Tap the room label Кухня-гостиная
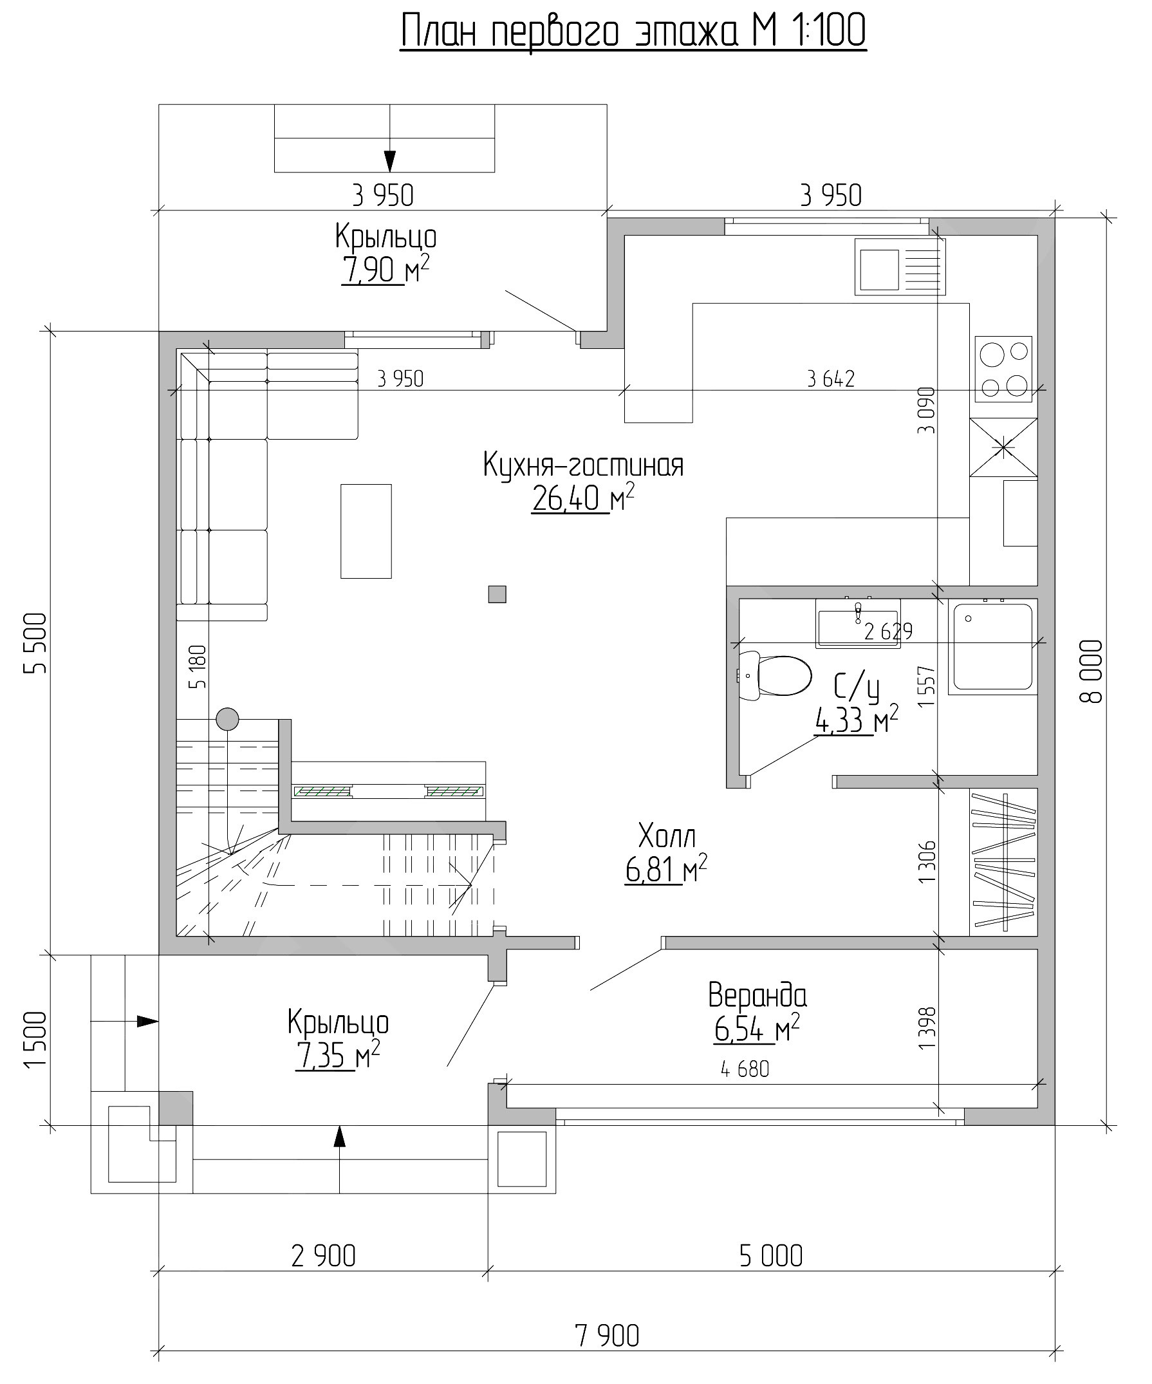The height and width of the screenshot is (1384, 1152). tap(583, 466)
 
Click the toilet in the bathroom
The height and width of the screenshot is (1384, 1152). tap(774, 675)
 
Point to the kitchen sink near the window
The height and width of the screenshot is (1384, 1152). tap(900, 267)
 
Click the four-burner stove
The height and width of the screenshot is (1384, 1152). tap(1004, 368)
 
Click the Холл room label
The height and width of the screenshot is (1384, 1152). tap(667, 837)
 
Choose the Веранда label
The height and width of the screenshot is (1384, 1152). tap(757, 996)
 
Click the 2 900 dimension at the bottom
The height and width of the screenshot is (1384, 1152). tap(323, 1256)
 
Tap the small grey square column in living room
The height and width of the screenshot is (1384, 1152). tap(497, 594)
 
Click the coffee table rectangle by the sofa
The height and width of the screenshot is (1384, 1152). tap(366, 531)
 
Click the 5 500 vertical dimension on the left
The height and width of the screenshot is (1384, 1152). tap(35, 643)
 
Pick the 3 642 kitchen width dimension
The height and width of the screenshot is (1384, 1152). tap(831, 379)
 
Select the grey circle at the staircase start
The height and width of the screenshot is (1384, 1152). tap(227, 719)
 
